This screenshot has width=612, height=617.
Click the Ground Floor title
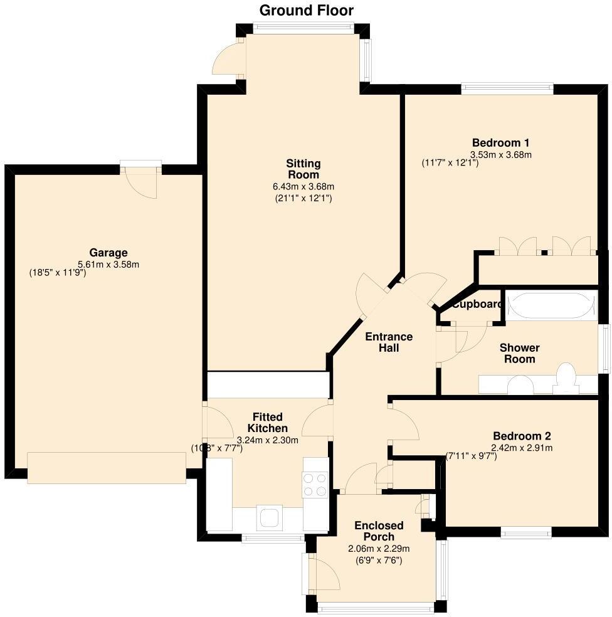click(306, 10)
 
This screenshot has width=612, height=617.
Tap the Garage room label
click(107, 253)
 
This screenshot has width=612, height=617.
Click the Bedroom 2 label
click(522, 436)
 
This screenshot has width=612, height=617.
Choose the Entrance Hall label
click(389, 342)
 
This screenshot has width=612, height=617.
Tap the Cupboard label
click(477, 305)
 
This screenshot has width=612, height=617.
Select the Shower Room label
click(519, 353)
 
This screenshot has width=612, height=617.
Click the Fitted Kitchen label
click(267, 423)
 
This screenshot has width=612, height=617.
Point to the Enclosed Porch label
click(379, 530)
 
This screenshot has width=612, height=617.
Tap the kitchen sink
click(270, 518)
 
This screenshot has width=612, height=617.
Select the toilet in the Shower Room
click(567, 378)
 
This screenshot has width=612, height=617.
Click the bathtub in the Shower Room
click(549, 306)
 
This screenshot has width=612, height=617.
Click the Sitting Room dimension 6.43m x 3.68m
click(302, 187)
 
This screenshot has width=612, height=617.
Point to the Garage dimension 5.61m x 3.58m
click(108, 264)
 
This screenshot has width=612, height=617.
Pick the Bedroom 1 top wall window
click(507, 88)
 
